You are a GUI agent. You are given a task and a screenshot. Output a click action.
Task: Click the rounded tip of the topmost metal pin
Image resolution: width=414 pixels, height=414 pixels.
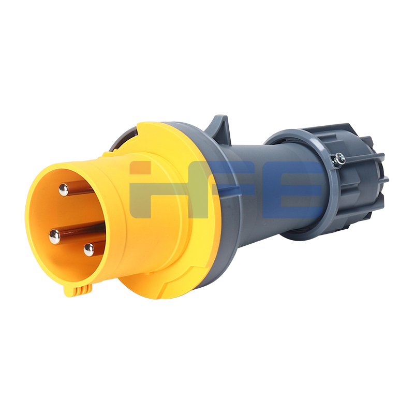click(x=63, y=189)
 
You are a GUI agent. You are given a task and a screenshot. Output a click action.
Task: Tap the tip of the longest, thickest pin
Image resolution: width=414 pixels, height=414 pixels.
click(x=55, y=236)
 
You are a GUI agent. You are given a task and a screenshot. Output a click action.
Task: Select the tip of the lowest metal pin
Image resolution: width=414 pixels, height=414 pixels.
click(x=88, y=250)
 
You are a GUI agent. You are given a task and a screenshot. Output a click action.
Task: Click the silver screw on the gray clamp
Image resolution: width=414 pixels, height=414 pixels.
click(x=339, y=159)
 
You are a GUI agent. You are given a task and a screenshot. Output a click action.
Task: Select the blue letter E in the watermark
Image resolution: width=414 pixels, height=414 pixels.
click(x=292, y=189)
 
